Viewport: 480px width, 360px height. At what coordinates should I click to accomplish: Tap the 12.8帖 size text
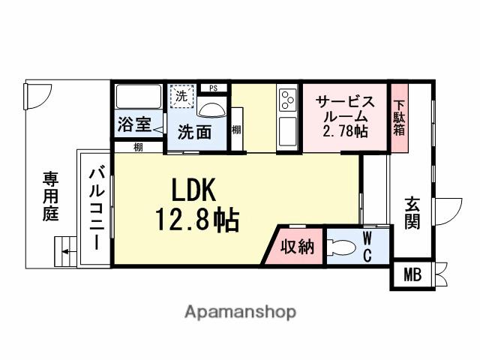(x=197, y=220)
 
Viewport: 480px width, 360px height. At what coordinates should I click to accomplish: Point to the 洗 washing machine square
(x=181, y=95)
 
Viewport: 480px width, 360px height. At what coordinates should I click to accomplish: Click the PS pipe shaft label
(x=213, y=88)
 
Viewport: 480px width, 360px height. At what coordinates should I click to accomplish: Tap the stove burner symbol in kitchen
(x=287, y=99)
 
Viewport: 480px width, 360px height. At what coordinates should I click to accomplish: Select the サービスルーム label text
(x=343, y=109)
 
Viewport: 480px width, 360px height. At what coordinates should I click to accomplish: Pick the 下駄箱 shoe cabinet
(x=400, y=118)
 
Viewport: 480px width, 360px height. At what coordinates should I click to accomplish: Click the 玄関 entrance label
(x=412, y=212)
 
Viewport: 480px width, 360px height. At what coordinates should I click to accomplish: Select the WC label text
(x=367, y=246)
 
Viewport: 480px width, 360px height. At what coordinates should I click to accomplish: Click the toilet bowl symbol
(x=341, y=247)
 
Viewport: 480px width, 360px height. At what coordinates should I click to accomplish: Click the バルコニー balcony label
(x=97, y=208)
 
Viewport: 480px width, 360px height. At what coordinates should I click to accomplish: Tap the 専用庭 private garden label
(x=50, y=196)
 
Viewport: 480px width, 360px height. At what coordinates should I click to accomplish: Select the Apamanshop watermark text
(x=240, y=311)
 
